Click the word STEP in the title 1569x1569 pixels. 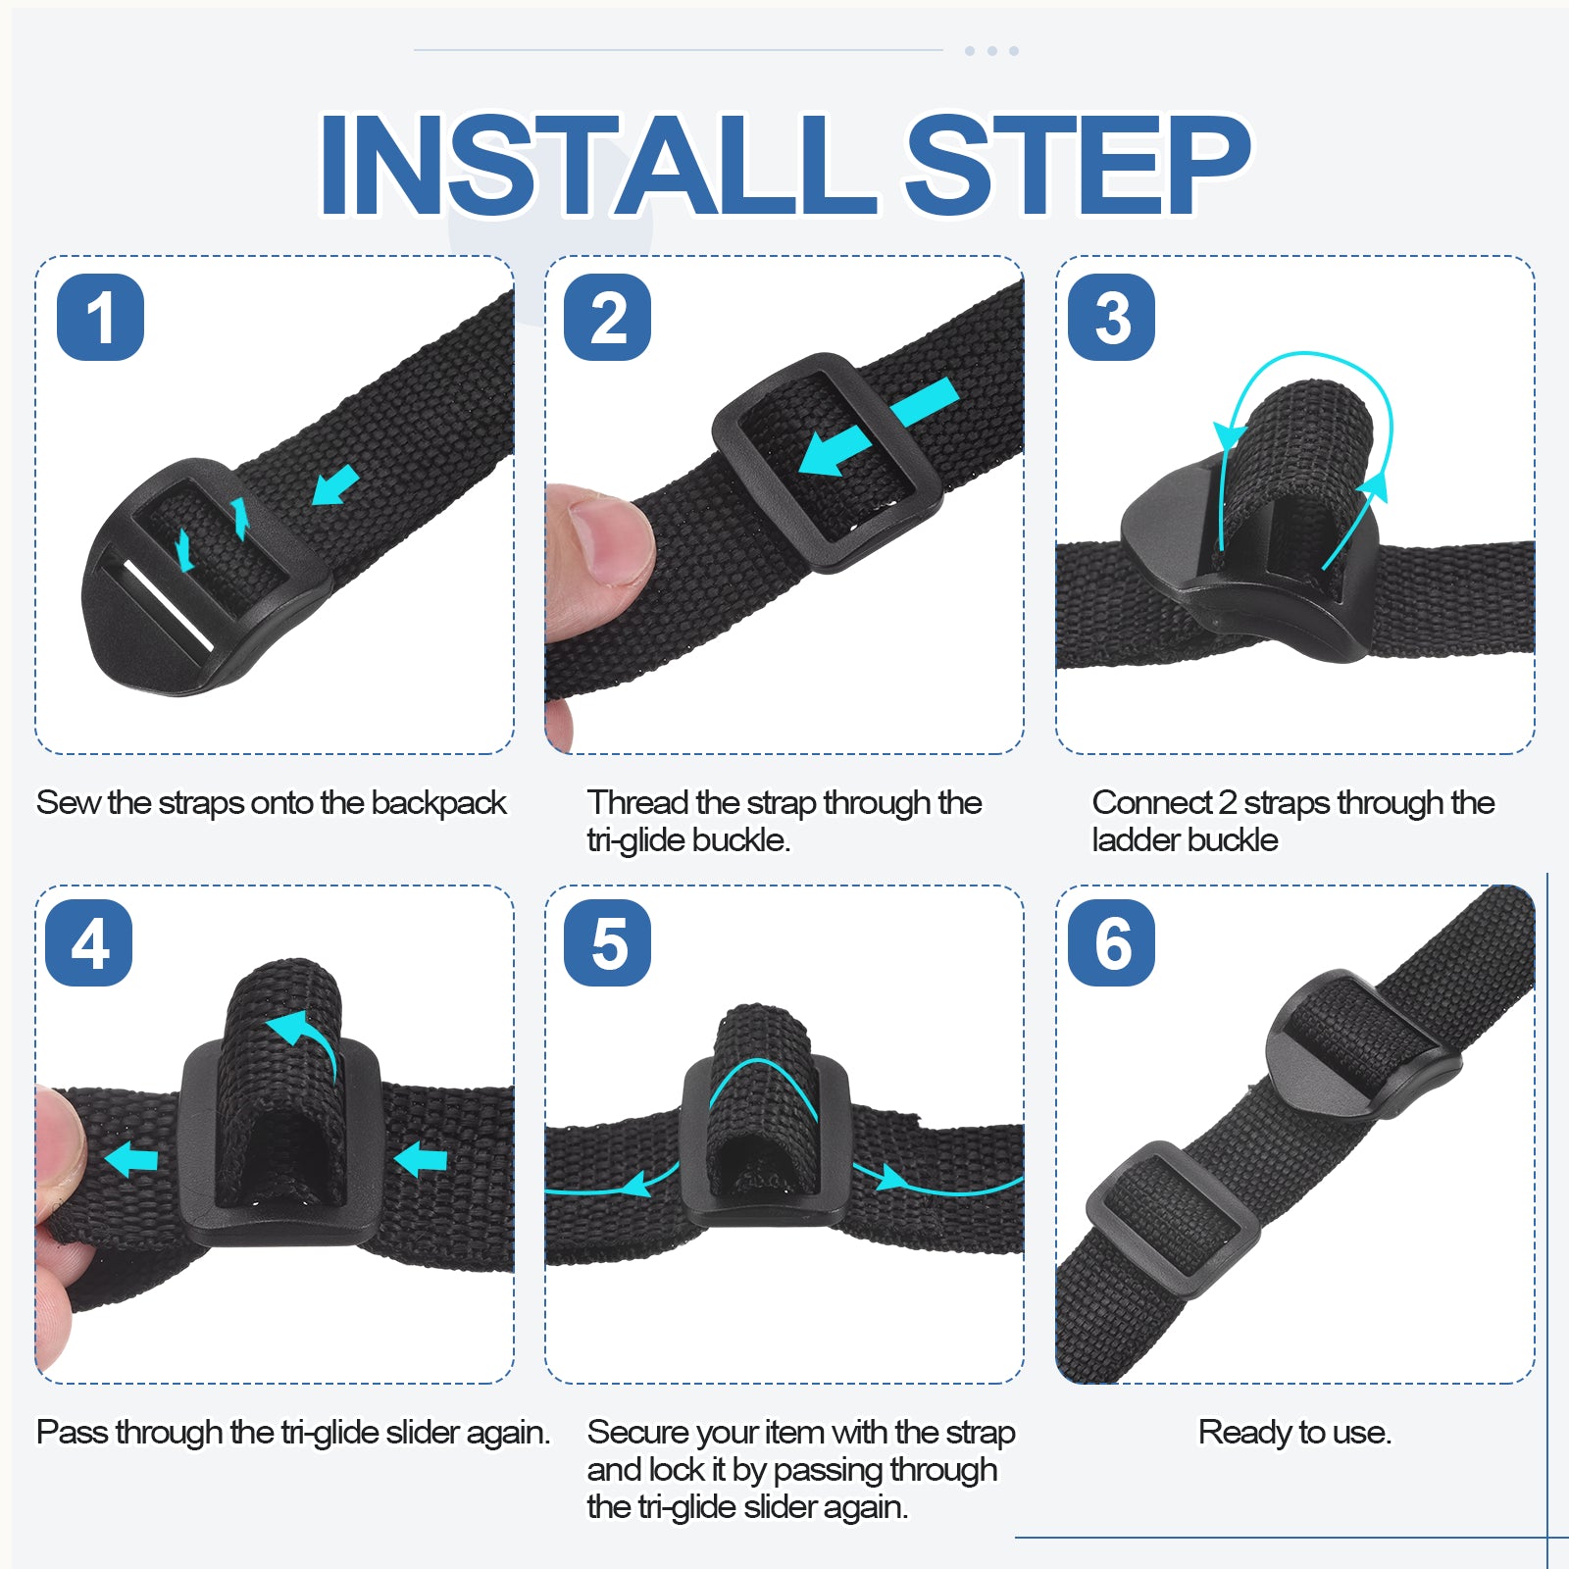click(x=1077, y=164)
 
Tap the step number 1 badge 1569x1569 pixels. click(x=100, y=317)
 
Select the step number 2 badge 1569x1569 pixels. click(x=608, y=317)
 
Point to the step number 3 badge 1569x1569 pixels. click(x=1111, y=317)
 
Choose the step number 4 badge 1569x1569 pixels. click(x=89, y=942)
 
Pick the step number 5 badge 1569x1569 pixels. click(x=608, y=942)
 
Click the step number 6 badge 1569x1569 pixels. click(x=1111, y=942)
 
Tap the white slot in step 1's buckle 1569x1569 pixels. click(x=167, y=605)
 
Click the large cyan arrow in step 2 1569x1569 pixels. click(x=878, y=428)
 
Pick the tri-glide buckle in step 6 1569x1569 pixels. click(x=1173, y=1221)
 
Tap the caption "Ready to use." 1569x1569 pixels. click(x=1294, y=1433)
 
